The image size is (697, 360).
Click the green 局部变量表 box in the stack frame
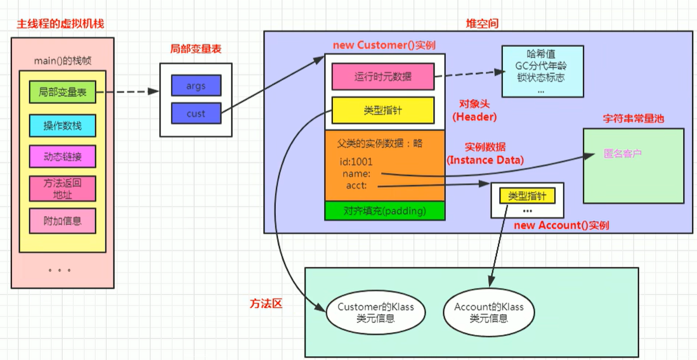tap(62, 93)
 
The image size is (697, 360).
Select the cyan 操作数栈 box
tap(62, 125)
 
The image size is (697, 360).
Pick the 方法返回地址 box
tap(62, 188)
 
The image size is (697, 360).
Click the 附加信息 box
tap(62, 221)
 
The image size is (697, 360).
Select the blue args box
tap(196, 85)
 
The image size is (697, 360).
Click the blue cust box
tap(196, 113)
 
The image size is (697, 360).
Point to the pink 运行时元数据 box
tap(382, 76)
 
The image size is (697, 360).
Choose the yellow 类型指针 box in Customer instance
tap(382, 110)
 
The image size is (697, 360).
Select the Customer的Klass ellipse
tap(375, 312)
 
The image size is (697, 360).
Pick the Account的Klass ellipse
tap(489, 312)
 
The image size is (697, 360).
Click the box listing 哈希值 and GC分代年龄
tap(542, 71)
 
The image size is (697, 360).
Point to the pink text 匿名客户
tap(623, 153)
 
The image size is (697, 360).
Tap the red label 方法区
tap(265, 304)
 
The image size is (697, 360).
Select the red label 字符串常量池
tap(633, 119)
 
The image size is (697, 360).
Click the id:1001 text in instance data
tap(356, 162)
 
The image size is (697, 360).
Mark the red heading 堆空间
tap(482, 23)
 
